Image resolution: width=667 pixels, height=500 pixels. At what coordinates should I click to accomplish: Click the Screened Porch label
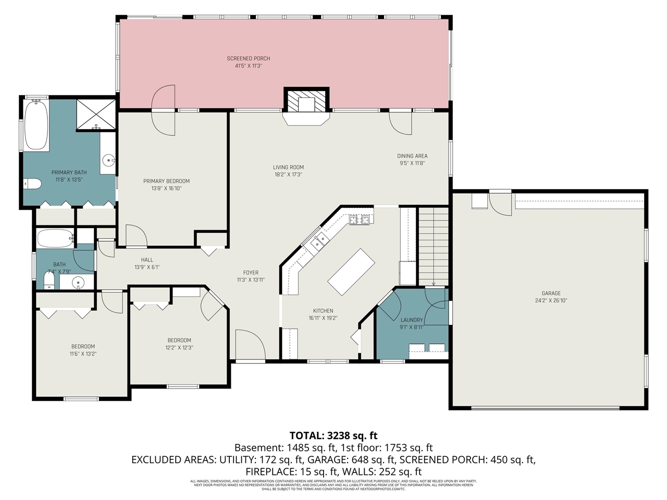[x=249, y=58]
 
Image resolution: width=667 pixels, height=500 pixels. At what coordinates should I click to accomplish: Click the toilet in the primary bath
[x=32, y=183]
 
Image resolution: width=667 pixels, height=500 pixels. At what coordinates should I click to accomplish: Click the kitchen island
[x=351, y=272]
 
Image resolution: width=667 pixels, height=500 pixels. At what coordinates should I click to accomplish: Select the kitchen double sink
[x=319, y=240]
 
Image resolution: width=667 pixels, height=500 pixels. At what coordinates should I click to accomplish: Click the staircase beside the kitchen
[x=434, y=245]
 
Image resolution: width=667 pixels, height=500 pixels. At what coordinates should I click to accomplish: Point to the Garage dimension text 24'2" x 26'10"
[x=551, y=301]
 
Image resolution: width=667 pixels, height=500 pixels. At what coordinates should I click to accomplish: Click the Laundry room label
[x=412, y=320]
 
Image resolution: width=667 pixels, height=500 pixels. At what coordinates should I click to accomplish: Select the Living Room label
[x=288, y=167]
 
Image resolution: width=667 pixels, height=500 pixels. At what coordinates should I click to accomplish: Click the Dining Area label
[x=412, y=156]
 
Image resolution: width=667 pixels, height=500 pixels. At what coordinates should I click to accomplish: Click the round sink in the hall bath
[x=78, y=283]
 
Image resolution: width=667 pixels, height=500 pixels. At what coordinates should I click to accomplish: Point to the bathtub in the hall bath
[x=55, y=239]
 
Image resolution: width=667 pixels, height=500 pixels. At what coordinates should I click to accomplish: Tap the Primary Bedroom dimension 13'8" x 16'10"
[x=167, y=189]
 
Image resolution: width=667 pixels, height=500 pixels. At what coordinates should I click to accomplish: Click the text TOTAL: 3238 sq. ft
[x=333, y=435]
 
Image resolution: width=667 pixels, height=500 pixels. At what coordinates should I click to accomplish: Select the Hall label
[x=147, y=259]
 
